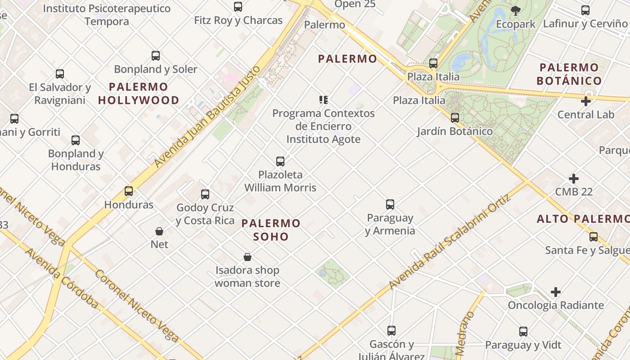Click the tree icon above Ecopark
[516, 10]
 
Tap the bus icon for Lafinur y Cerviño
[585, 10]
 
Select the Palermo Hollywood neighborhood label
[139, 94]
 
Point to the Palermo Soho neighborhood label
[271, 229]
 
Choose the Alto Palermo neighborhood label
[583, 219]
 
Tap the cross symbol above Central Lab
[585, 101]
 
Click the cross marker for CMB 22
[573, 179]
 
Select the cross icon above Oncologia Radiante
[556, 292]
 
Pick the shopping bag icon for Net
[159, 231]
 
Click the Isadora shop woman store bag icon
[247, 257]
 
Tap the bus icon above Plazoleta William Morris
[280, 161]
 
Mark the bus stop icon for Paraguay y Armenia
[390, 204]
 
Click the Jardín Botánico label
[454, 131]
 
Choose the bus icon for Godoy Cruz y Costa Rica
[205, 194]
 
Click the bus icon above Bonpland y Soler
[156, 56]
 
